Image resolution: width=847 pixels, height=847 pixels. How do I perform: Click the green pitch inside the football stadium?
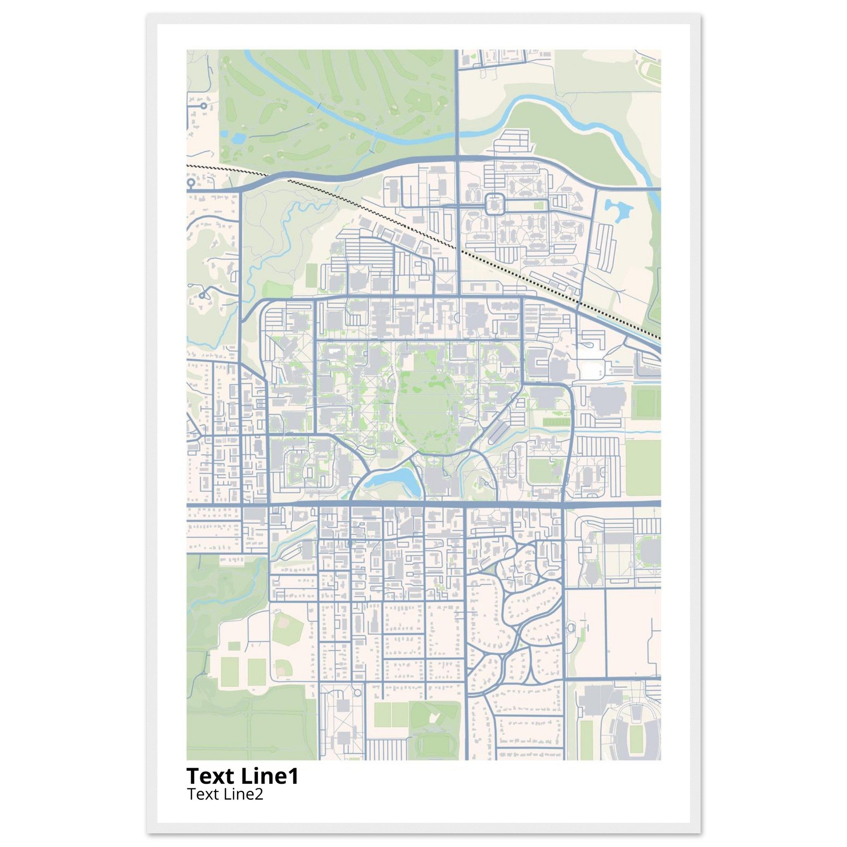coord(635,737)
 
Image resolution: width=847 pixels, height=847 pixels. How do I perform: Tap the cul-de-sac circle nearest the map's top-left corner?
coord(203,105)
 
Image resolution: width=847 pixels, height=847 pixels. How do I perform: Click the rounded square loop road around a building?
coord(495,204)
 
